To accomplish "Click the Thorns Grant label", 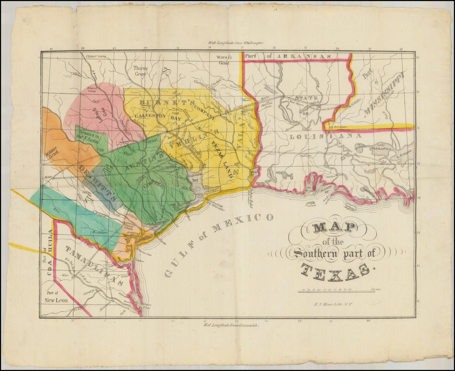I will point(140,71).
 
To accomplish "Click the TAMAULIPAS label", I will point(94,265).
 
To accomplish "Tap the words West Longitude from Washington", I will point(235,43).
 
